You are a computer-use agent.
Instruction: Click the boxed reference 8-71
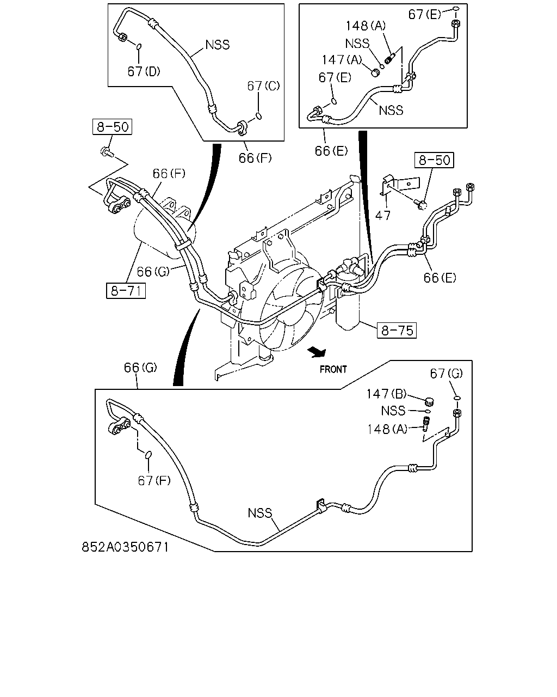tap(126, 291)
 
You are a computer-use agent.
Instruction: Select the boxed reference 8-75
tap(397, 331)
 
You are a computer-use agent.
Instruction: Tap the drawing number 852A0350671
tap(125, 547)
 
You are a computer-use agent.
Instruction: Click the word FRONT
tap(333, 369)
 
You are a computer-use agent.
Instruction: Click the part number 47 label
tap(382, 215)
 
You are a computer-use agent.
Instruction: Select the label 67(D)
tap(144, 71)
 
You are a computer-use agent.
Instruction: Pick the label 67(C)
tap(263, 86)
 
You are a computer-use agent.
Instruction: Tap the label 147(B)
tap(386, 394)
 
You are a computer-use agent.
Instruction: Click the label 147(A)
tap(342, 59)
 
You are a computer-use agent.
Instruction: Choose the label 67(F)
tap(154, 480)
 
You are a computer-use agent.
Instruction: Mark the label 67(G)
tap(447, 374)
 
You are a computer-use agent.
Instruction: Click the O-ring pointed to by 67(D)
tap(139, 47)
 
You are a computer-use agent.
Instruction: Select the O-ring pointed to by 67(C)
tap(258, 115)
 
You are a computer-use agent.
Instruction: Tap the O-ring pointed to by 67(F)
tap(148, 455)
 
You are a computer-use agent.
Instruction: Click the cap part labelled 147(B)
tap(430, 402)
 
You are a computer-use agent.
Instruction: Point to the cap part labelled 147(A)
tap(375, 73)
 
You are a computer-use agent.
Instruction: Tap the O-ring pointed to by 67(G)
tap(457, 398)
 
